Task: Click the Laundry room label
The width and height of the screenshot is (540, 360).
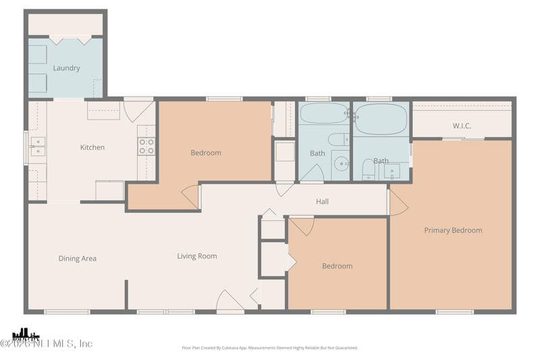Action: [x=66, y=68]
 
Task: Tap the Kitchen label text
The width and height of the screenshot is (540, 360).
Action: [x=92, y=147]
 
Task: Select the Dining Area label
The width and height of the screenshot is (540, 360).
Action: [x=78, y=259]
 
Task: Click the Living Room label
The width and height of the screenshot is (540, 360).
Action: [x=197, y=256]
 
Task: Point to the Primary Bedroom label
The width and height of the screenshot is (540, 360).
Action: [x=453, y=230]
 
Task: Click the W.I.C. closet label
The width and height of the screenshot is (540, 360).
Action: [x=462, y=126]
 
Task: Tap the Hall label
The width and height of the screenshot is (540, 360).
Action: [x=323, y=201]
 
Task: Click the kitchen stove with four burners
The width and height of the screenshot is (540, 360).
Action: [x=146, y=147]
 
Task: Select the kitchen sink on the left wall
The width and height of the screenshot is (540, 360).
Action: [x=37, y=147]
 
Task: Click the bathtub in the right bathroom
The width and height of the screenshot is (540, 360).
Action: [x=380, y=120]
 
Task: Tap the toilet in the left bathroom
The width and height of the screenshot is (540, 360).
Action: [x=337, y=140]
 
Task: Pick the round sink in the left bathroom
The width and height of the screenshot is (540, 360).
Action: [x=343, y=163]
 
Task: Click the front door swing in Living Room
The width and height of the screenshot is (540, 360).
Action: [x=230, y=302]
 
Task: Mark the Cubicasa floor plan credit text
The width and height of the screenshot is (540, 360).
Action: [x=270, y=348]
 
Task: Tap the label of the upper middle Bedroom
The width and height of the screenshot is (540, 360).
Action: [x=206, y=153]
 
